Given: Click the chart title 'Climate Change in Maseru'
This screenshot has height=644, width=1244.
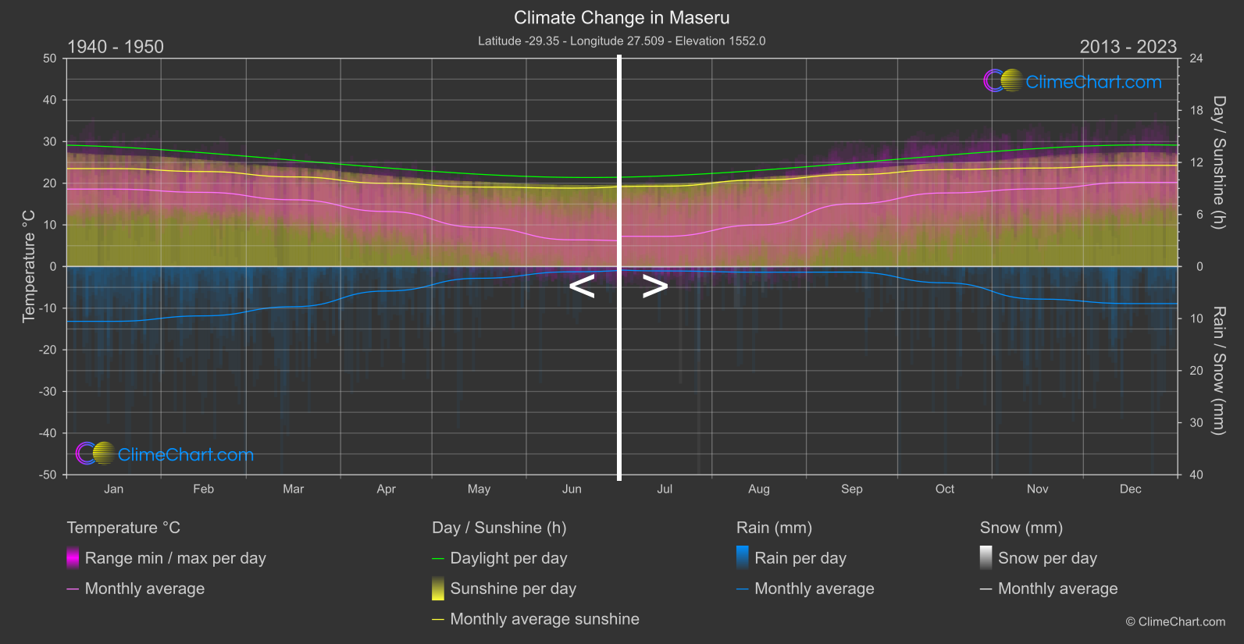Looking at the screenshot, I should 622,18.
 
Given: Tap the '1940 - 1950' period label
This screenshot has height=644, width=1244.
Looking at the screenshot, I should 116,47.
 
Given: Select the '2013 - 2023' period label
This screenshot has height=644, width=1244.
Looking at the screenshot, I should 1128,47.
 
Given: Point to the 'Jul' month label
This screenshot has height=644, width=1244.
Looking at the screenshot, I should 665,489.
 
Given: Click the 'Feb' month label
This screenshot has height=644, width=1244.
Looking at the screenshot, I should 203,489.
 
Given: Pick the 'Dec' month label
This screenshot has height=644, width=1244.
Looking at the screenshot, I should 1130,489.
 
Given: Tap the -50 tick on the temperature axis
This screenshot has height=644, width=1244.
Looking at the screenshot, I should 49,475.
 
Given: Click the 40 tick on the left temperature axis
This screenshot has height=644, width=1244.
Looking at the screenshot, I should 50,100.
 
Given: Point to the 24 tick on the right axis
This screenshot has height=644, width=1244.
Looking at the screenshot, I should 1196,59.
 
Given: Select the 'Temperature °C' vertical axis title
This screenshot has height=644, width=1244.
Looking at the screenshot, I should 29,266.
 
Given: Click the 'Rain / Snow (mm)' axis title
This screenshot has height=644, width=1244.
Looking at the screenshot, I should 1218,370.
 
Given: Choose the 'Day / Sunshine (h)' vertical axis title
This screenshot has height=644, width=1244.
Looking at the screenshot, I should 1218,162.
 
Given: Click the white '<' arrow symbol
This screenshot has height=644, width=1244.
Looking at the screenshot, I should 582,286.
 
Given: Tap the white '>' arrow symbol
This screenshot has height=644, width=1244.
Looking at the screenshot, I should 654,286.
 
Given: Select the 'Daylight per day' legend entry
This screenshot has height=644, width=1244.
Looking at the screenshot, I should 508,558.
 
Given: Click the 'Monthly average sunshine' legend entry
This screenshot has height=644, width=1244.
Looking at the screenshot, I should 544,619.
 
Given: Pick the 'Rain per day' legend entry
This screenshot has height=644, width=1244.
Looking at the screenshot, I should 800,558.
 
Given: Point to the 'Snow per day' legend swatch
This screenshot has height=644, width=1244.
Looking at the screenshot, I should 986,558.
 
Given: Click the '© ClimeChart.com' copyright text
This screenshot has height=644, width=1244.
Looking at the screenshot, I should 1175,622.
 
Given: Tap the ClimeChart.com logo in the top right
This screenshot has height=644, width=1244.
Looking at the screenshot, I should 1073,81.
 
